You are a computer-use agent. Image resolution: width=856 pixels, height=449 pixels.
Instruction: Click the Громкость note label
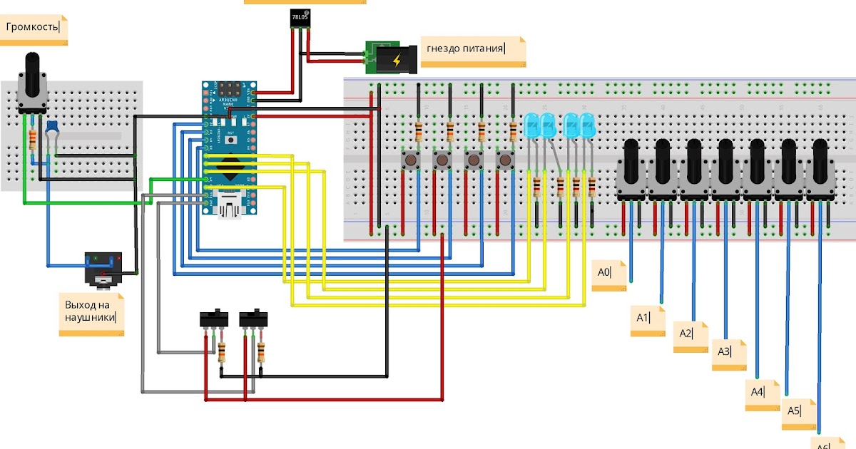(34, 29)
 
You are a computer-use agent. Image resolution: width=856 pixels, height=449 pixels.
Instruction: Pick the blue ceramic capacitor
(51, 128)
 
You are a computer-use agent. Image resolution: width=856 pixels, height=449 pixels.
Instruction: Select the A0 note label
(608, 274)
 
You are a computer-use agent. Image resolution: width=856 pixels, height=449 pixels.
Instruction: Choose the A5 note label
(798, 413)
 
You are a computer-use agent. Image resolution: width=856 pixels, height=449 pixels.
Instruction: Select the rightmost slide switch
(253, 317)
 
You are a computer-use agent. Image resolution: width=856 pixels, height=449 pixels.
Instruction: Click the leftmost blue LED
(532, 125)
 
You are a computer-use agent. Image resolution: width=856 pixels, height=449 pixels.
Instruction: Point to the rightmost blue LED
(587, 125)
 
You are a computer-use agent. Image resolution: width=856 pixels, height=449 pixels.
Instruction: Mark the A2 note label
(690, 334)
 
